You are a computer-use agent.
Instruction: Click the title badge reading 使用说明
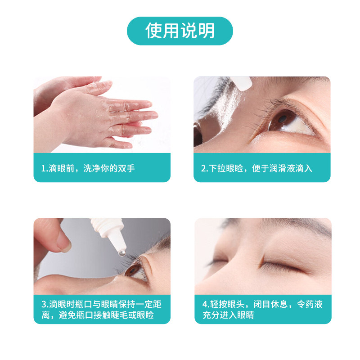(180, 31)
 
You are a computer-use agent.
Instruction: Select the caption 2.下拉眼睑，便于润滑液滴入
(256, 168)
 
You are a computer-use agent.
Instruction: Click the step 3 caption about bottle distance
(102, 310)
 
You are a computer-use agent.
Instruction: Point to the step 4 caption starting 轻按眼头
(262, 310)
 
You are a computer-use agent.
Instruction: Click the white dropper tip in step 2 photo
(242, 82)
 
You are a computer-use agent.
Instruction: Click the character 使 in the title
(153, 31)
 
